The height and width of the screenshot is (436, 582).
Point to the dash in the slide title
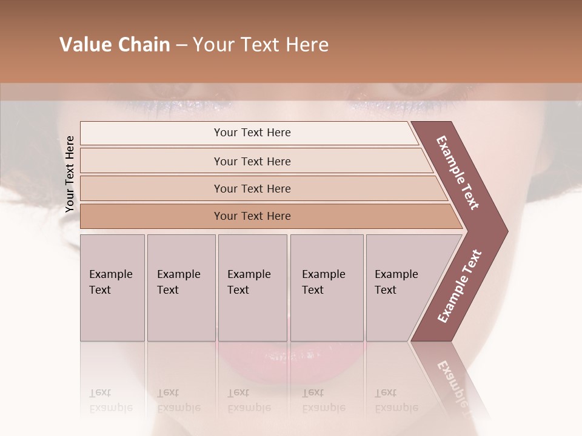(x=181, y=45)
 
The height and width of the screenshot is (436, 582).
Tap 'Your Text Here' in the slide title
(x=261, y=45)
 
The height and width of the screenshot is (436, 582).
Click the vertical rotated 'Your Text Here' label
(x=70, y=174)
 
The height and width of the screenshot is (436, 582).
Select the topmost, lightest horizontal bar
(x=252, y=133)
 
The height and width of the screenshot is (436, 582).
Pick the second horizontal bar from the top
(x=252, y=161)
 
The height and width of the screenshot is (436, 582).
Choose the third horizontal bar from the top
(x=252, y=188)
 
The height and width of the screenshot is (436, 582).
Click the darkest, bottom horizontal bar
(x=252, y=216)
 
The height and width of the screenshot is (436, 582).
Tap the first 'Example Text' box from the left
(x=112, y=287)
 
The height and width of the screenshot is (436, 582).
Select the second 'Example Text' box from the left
(x=181, y=287)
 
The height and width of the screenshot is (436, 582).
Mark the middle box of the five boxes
(x=252, y=287)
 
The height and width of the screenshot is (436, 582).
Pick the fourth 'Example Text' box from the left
(x=326, y=287)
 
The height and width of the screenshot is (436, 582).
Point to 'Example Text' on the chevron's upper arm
(x=458, y=173)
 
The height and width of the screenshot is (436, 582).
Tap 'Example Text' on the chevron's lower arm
(x=460, y=286)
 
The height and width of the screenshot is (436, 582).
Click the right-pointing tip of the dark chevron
(x=503, y=231)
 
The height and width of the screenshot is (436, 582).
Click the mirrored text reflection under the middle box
(x=249, y=400)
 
